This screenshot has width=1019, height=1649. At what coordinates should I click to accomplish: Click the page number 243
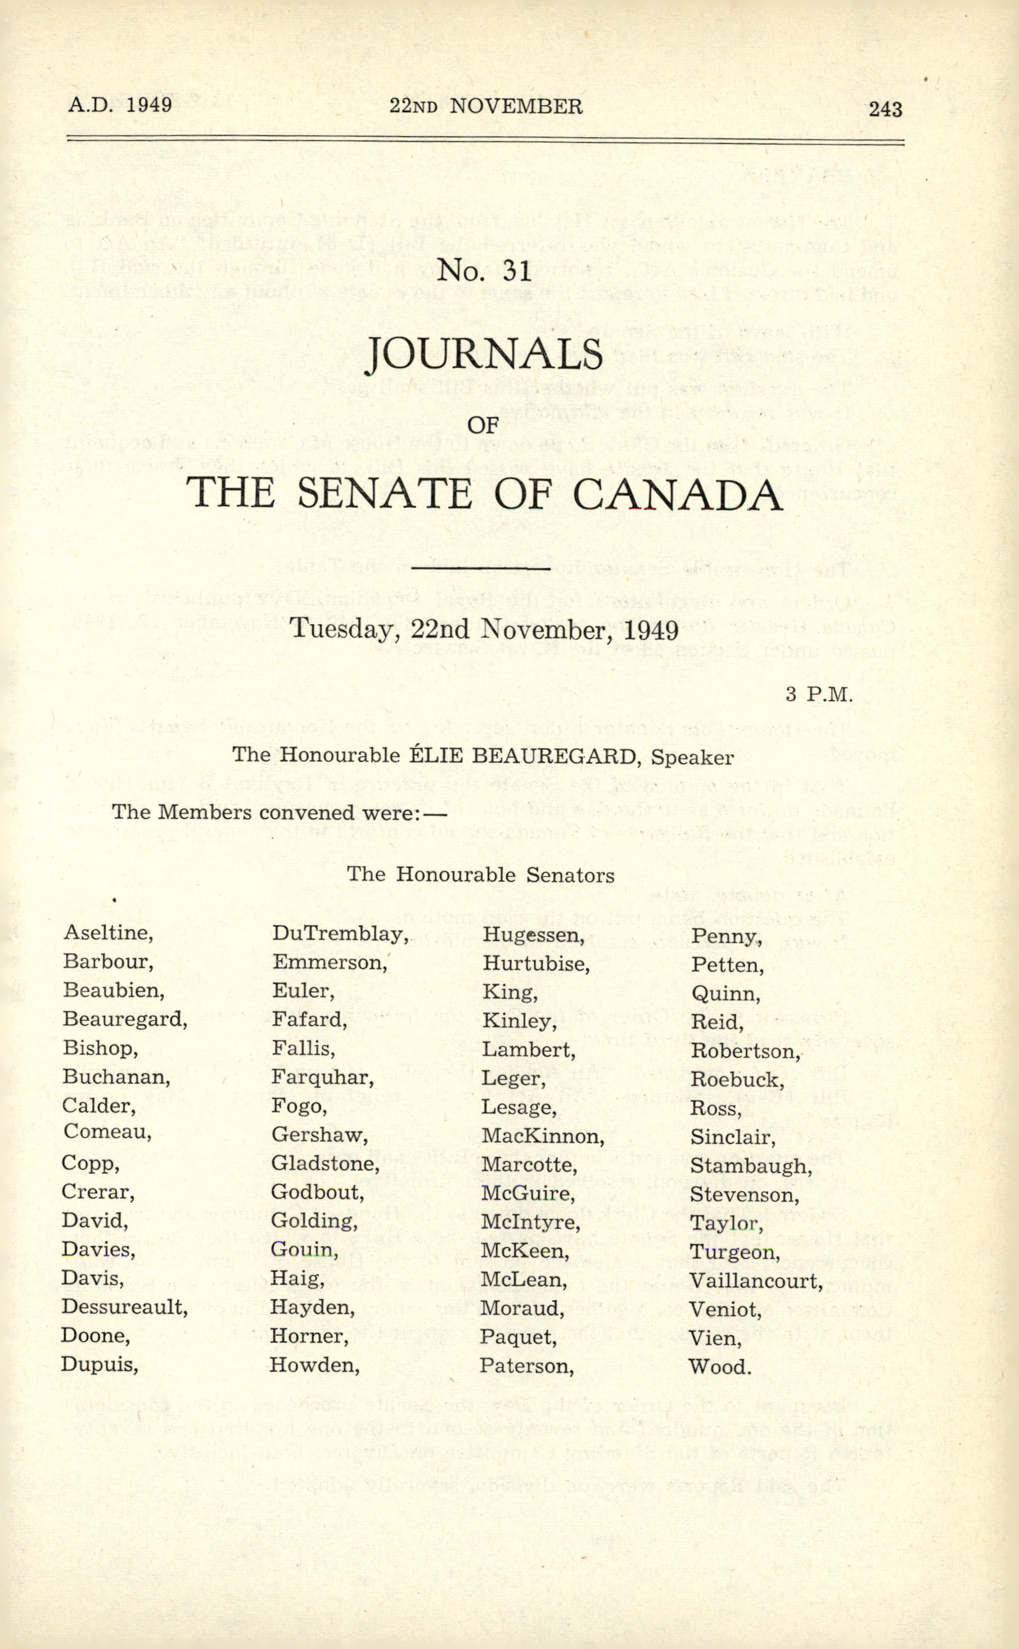885,109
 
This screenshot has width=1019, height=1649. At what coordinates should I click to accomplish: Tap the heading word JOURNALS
483,354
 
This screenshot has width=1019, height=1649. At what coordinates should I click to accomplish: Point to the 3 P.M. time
819,694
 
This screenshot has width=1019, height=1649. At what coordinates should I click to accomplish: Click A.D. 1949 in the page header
120,105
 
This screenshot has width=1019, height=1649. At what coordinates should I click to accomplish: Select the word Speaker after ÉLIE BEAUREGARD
692,758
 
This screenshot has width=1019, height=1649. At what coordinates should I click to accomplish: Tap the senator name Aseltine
107,932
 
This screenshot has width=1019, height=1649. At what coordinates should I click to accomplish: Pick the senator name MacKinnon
542,1137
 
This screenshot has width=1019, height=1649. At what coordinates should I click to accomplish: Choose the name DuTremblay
340,934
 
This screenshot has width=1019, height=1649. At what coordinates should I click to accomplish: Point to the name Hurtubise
535,963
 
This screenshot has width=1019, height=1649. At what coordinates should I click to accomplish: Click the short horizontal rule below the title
483,569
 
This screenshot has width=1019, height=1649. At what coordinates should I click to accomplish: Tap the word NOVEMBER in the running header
516,106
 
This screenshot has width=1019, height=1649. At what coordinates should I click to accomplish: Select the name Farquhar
322,1078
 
